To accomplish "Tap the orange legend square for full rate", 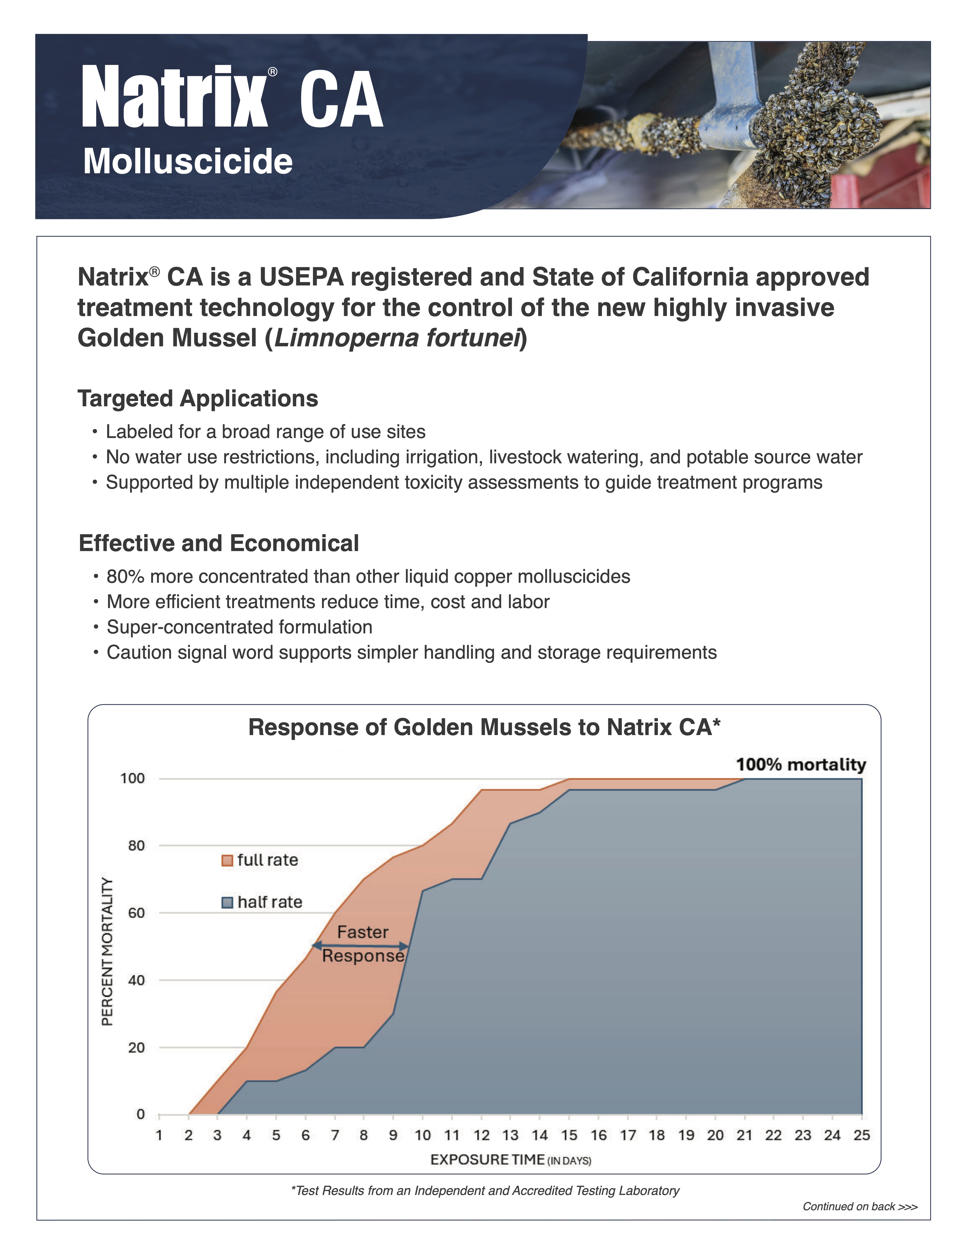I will coord(227,860).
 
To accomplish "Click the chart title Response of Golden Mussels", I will coord(484,728).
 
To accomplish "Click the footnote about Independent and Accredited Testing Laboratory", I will coord(485,1191).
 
